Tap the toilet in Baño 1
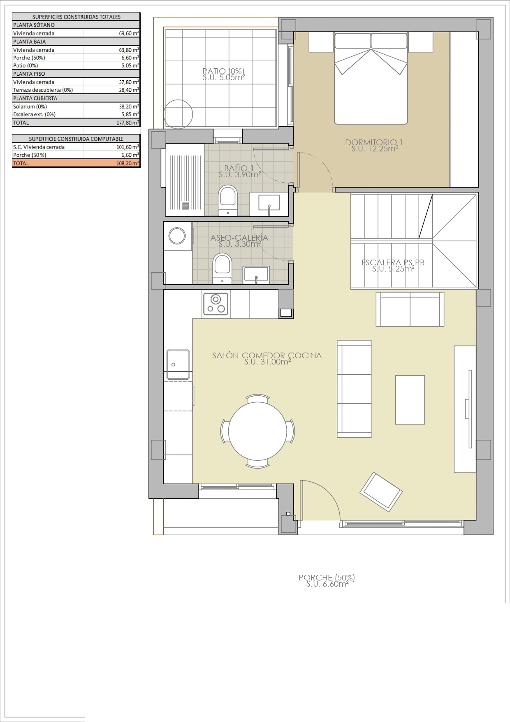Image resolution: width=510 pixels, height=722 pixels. [227, 199]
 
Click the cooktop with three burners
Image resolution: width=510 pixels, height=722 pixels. [216, 304]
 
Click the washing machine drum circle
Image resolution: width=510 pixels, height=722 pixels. [177, 236]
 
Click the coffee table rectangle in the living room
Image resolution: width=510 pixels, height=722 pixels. [410, 399]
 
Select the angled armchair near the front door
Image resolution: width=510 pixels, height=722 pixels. [381, 492]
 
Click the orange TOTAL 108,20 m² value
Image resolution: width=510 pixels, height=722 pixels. [127, 163]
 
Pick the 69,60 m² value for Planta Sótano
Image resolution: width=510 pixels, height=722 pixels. [128, 33]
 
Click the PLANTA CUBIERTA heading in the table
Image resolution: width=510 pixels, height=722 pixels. [35, 98]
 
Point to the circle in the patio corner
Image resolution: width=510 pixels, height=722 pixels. [178, 114]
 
